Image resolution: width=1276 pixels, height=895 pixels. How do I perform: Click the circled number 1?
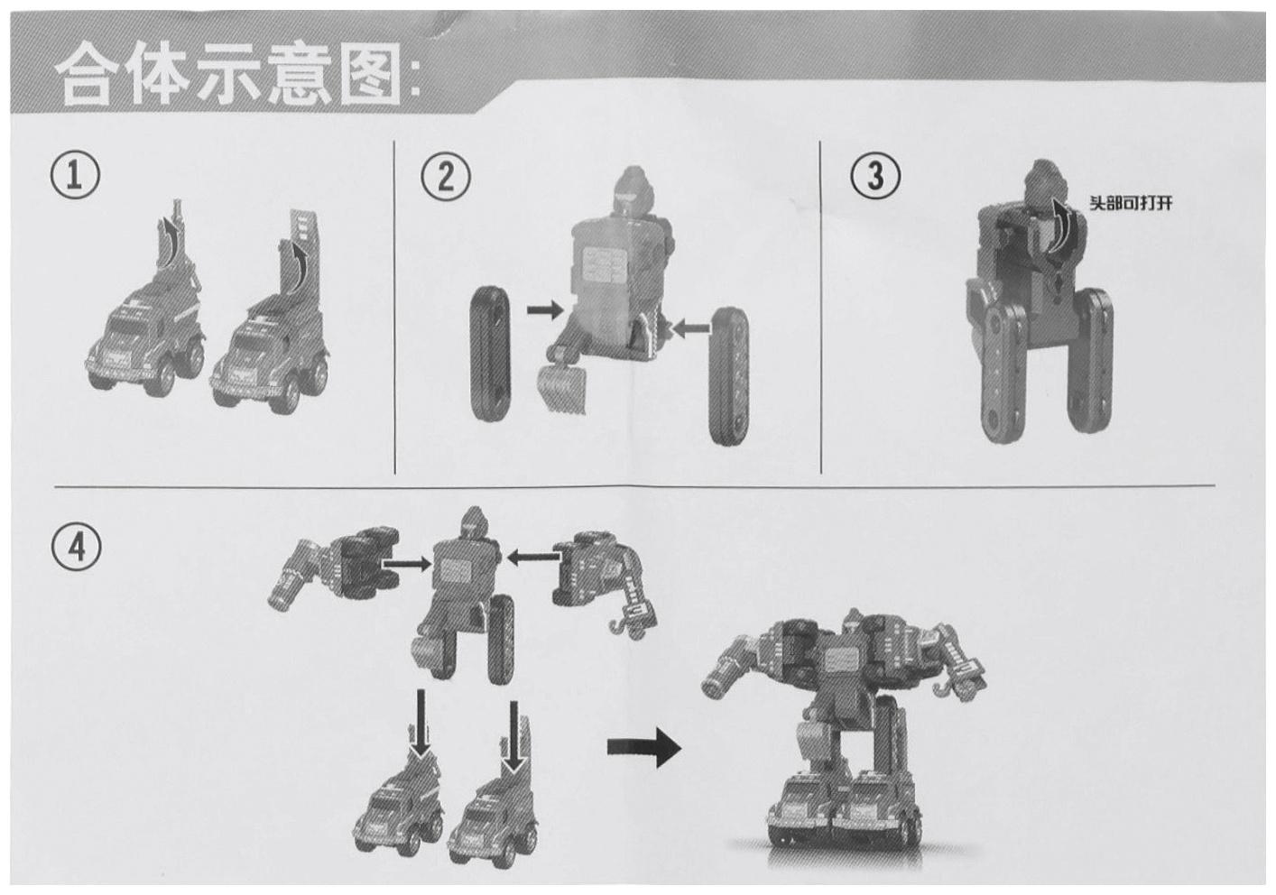pos(75,174)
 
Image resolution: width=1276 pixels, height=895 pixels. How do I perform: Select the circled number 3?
pos(876,176)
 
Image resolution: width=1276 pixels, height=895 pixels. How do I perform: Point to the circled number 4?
pos(77,548)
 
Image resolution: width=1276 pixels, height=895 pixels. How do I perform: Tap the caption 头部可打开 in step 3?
pos(1131,203)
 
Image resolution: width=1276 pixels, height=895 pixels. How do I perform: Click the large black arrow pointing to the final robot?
pos(644,746)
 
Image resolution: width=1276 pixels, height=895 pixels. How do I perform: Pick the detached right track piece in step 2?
pos(728,375)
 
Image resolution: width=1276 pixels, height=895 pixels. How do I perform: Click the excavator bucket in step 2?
pos(563,388)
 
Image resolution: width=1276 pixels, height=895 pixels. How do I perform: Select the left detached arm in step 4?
pos(335,569)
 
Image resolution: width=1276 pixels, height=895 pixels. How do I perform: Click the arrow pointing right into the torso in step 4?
pos(407,564)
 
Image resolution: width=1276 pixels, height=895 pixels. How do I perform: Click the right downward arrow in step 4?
pos(513,736)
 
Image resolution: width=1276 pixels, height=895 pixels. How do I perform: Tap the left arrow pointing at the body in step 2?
pos(544,310)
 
